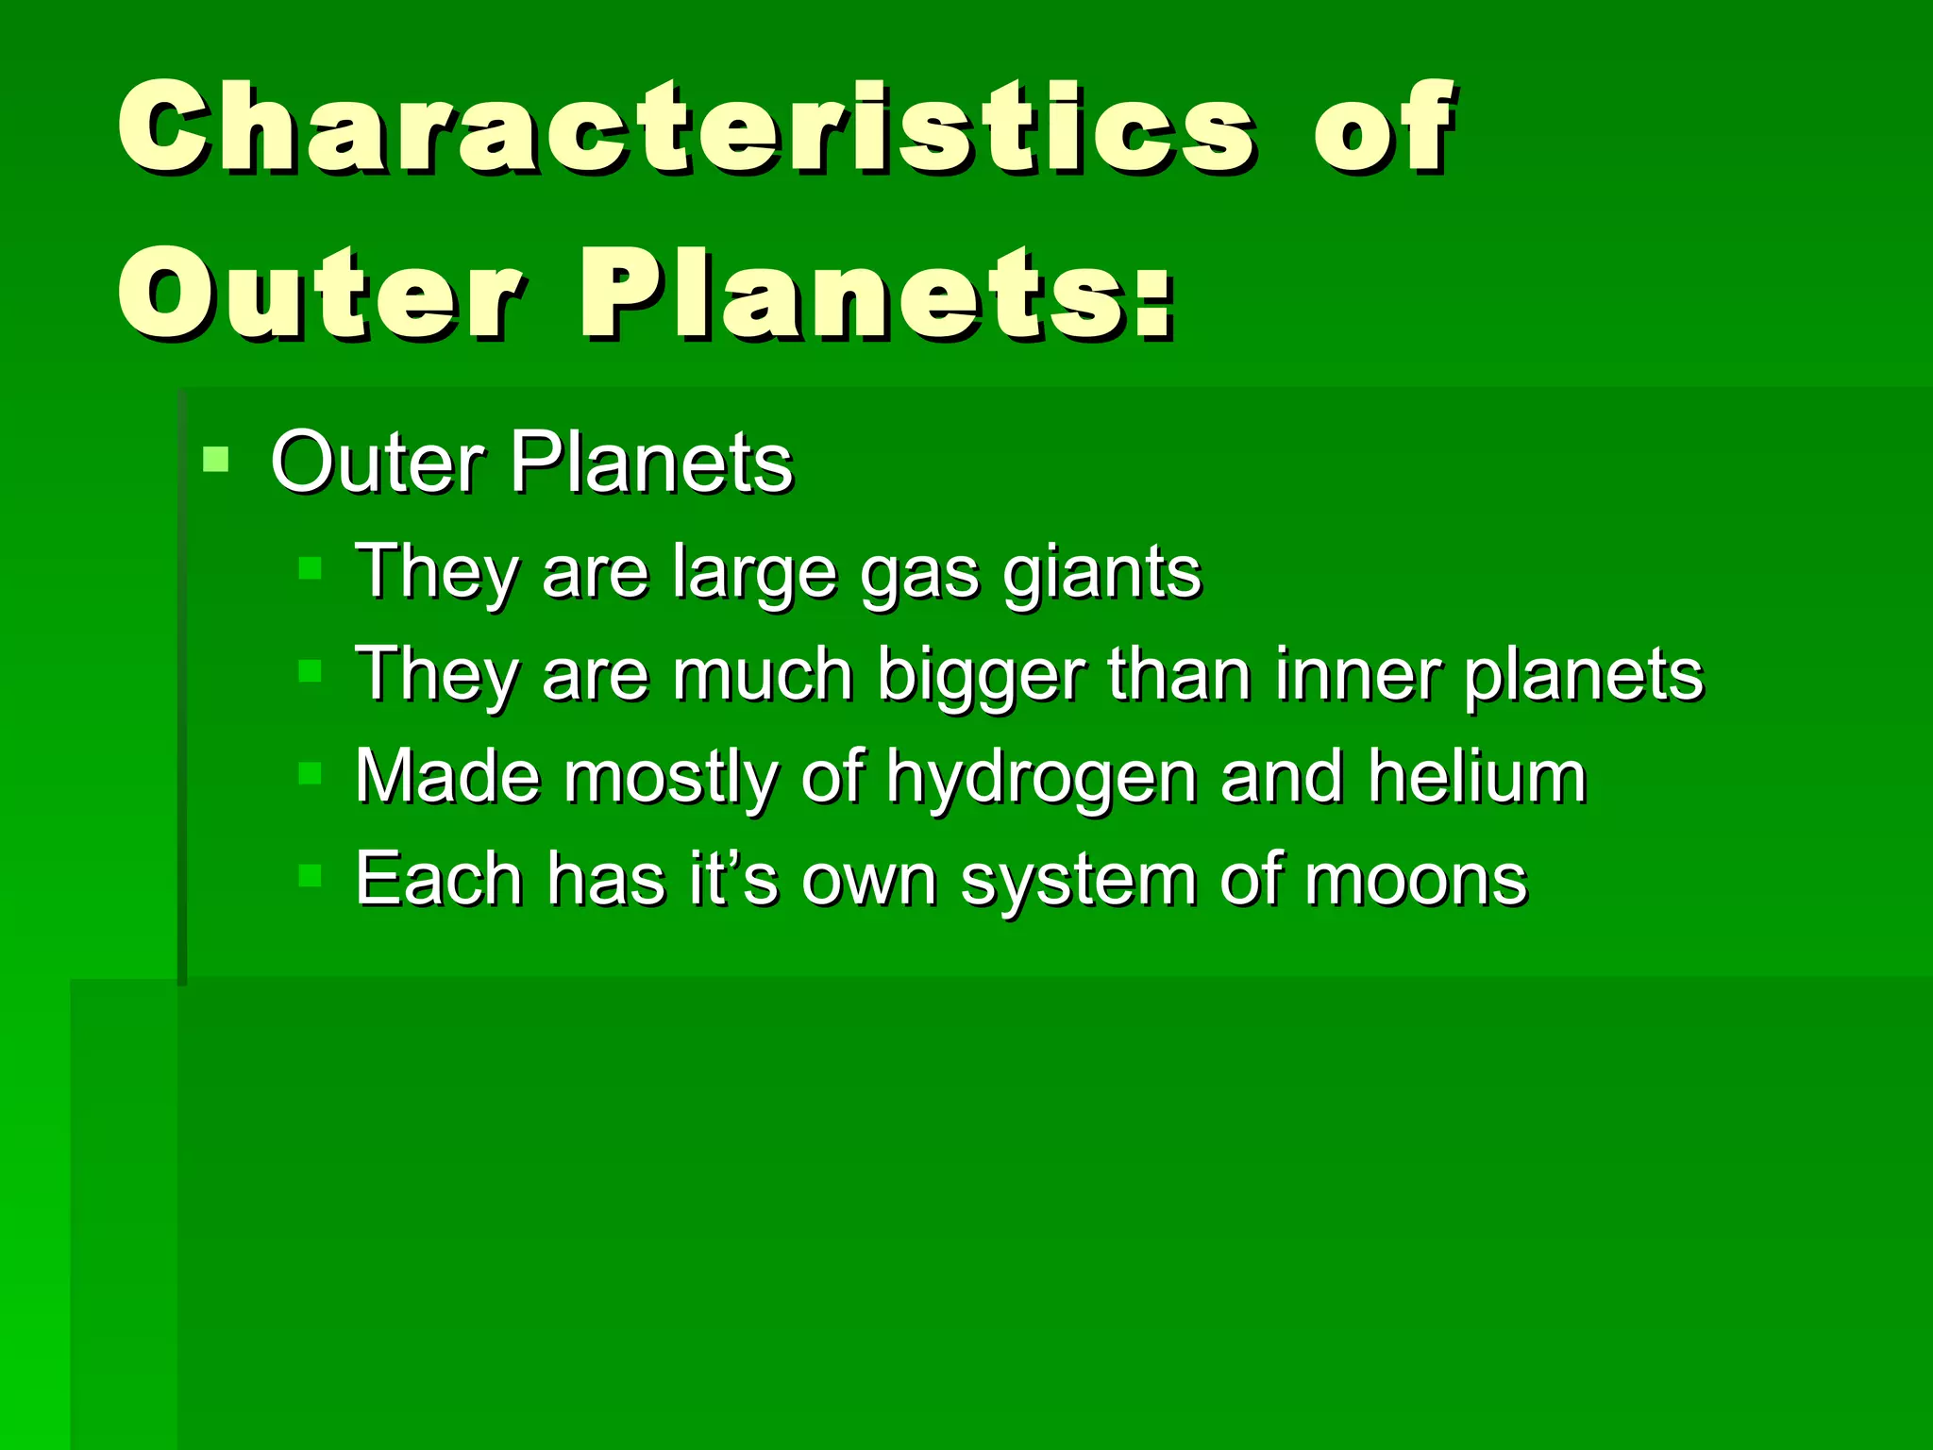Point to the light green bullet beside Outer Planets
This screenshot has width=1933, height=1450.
pyautogui.click(x=216, y=460)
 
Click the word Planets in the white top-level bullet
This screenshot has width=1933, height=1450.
pyautogui.click(x=651, y=463)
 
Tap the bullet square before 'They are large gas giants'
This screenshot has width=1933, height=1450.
pyautogui.click(x=310, y=568)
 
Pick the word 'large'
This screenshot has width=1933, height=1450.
pyautogui.click(x=755, y=574)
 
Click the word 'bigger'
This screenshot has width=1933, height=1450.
pyautogui.click(x=982, y=676)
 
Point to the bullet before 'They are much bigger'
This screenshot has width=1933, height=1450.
pyautogui.click(x=310, y=671)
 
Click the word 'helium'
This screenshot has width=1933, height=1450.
pyautogui.click(x=1477, y=776)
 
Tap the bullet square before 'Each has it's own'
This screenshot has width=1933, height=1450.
pyautogui.click(x=310, y=876)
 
